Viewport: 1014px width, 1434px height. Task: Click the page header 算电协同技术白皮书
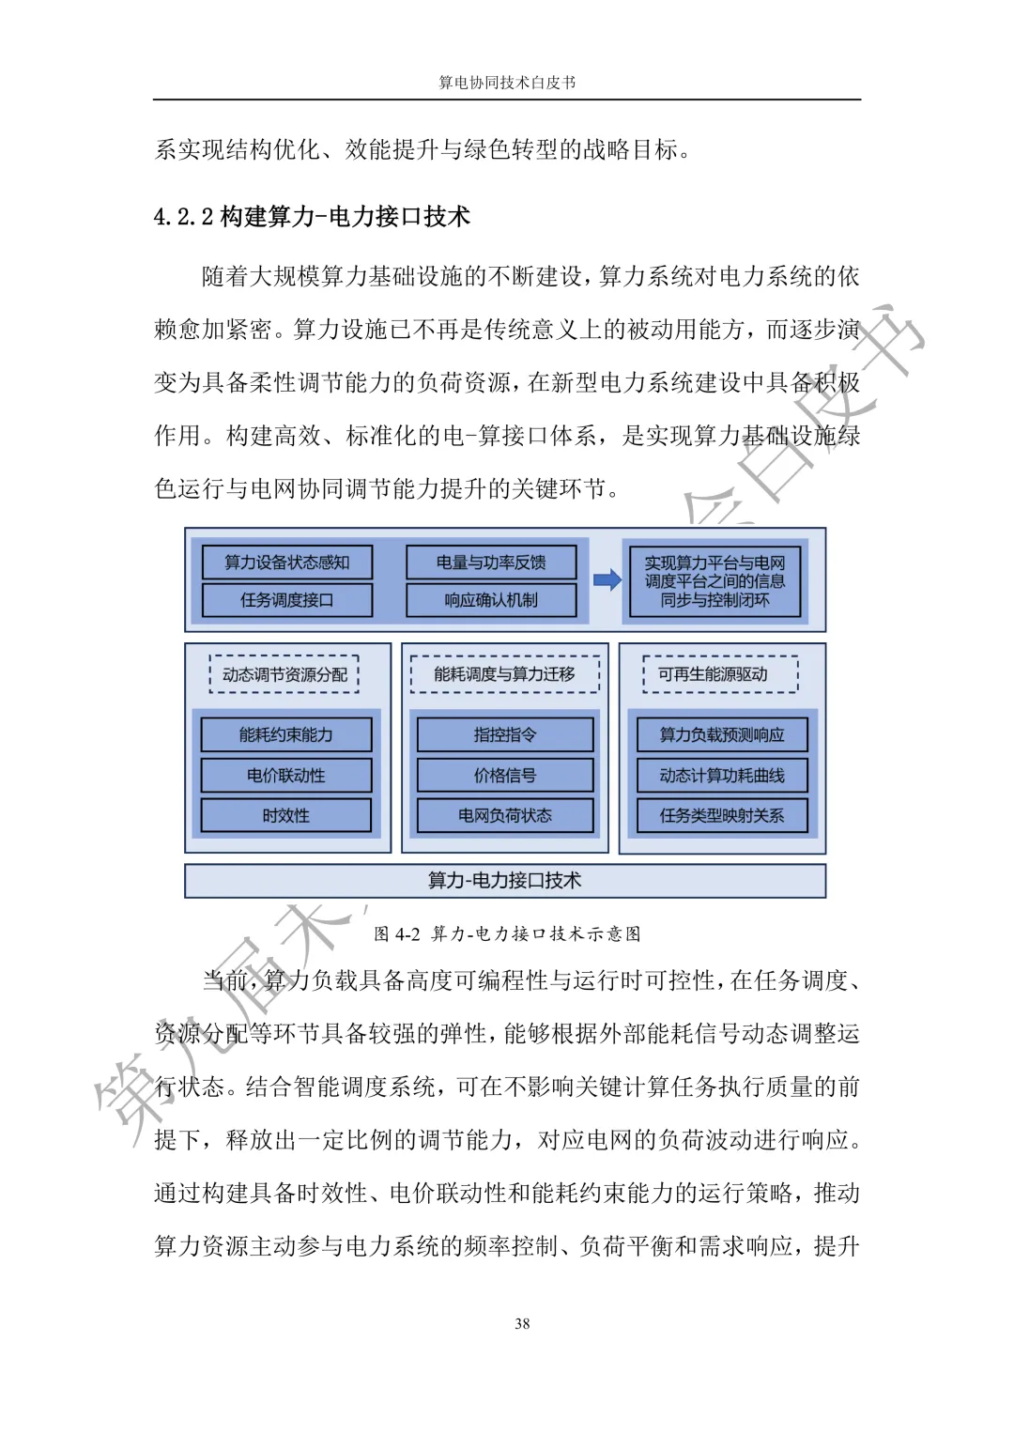pos(507,83)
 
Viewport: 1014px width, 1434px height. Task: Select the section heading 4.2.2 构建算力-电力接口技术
pos(312,217)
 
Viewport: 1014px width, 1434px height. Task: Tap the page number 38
pos(522,1323)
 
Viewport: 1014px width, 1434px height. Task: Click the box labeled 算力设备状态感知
pos(287,563)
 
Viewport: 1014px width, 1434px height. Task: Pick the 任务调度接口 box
pos(287,600)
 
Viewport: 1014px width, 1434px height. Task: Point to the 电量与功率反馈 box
pos(491,563)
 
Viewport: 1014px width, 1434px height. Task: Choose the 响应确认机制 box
pos(491,600)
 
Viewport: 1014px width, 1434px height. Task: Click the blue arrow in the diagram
pos(607,580)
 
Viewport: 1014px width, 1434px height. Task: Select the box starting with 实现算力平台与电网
pos(714,581)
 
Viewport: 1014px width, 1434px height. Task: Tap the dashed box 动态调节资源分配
pos(284,674)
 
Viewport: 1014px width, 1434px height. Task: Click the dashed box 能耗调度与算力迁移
pos(504,674)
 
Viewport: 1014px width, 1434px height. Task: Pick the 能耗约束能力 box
pos(286,734)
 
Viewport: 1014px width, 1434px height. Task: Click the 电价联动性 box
pos(286,776)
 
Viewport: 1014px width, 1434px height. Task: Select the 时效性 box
pos(286,816)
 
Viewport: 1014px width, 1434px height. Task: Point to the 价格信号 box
pos(505,776)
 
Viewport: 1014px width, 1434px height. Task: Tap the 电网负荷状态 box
pos(505,816)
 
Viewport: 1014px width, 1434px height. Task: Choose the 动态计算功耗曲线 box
pos(722,776)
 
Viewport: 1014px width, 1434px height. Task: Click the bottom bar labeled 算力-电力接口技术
pos(505,881)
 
